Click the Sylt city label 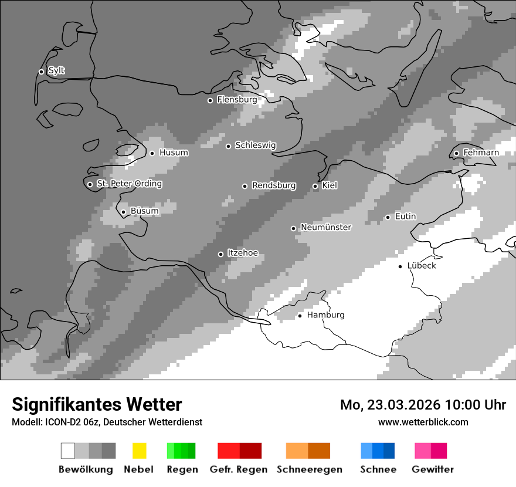[56, 71]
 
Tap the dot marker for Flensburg [210, 100]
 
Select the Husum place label [174, 153]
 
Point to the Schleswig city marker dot [229, 146]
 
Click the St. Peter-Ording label [129, 184]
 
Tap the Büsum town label [144, 211]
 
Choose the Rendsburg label [273, 185]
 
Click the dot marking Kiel [315, 186]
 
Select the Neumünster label [325, 227]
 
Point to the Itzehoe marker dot [220, 254]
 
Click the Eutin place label [405, 217]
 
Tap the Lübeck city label [422, 266]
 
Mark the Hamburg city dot [300, 316]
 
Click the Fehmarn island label [481, 153]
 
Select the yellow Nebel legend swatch [139, 451]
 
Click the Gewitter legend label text [433, 469]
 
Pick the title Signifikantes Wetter [97, 405]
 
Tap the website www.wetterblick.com [423, 422]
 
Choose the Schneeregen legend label [309, 469]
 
